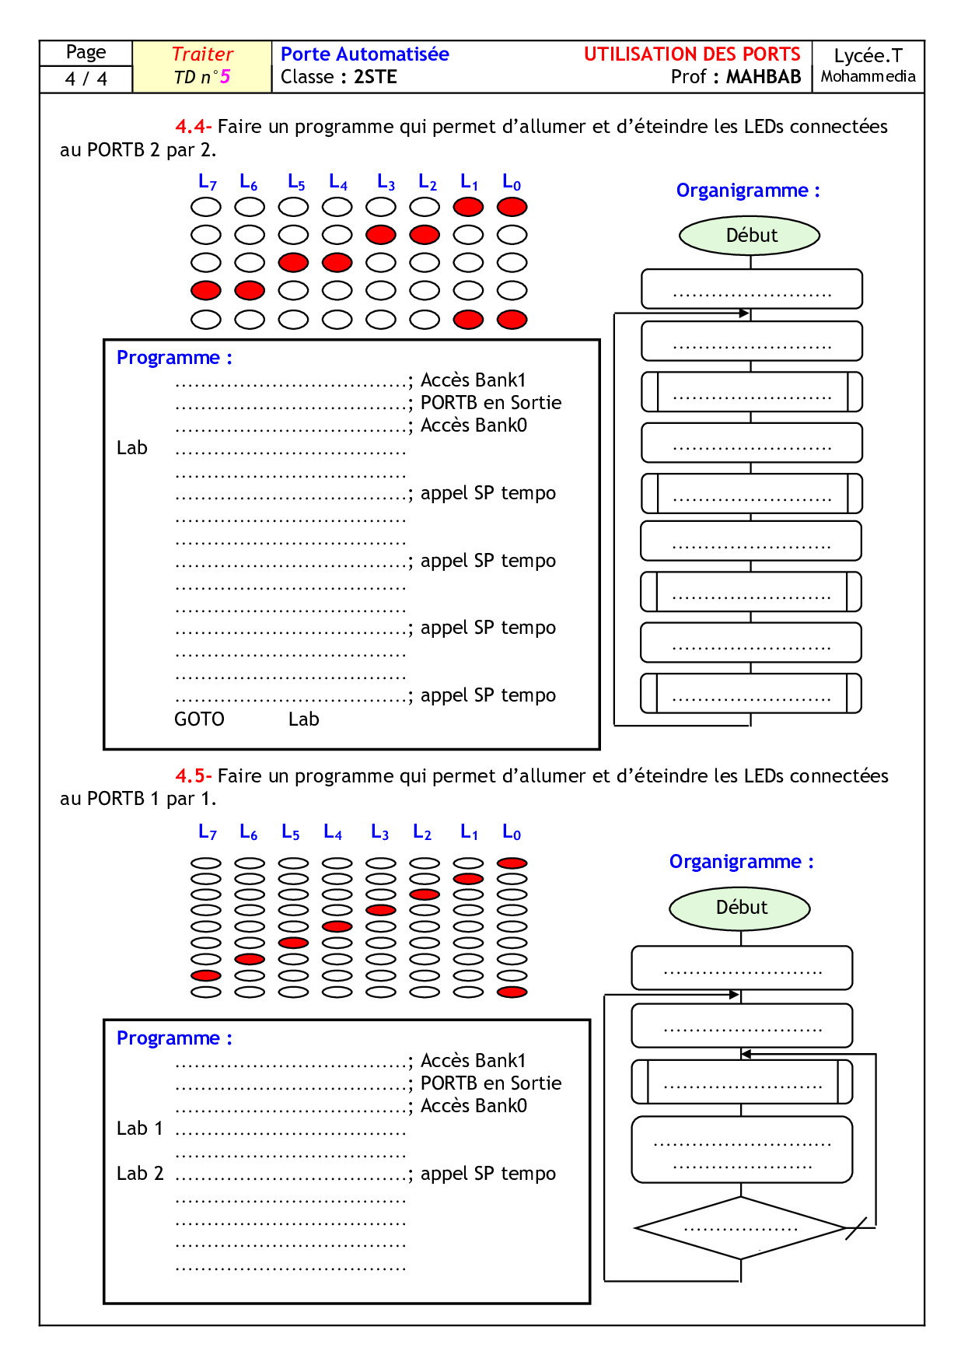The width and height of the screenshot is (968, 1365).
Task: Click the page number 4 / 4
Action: point(86,79)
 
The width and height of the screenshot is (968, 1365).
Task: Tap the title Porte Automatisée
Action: point(365,54)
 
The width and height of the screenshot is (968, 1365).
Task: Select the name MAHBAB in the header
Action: point(764,77)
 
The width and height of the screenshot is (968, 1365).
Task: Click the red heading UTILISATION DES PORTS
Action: point(692,54)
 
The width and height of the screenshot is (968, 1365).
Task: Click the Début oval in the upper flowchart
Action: point(750,236)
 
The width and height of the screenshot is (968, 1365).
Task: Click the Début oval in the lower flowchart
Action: point(740,908)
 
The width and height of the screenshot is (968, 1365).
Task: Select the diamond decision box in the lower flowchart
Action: point(740,1228)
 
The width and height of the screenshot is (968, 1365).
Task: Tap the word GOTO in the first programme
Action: point(199,719)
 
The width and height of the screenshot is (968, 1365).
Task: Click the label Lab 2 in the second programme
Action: point(140,1174)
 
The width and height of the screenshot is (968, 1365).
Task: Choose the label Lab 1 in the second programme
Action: point(140,1129)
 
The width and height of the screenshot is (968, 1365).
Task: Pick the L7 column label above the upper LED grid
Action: point(207,183)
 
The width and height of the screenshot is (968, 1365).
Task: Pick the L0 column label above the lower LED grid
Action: point(512,833)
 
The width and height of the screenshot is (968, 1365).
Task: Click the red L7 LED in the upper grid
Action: point(206,291)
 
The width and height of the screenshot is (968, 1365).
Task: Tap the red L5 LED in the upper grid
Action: point(293,263)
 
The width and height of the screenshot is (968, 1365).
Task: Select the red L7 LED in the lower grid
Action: point(206,975)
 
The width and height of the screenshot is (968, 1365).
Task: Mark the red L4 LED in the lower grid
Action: point(337,926)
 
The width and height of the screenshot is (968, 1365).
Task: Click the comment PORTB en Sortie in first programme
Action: point(491,403)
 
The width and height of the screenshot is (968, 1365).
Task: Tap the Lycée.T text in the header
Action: point(868,56)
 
